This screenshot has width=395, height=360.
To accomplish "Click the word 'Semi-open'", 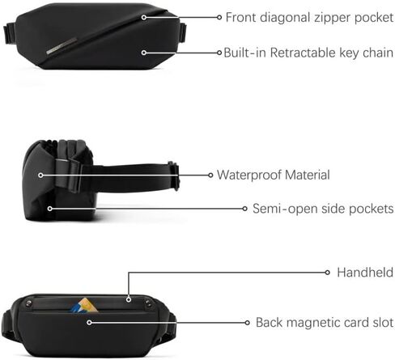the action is (x=278, y=209).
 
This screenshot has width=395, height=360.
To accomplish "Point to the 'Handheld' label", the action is (x=365, y=273).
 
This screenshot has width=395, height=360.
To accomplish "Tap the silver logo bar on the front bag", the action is (x=62, y=46).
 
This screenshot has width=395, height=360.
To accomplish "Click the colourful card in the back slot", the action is (x=84, y=305).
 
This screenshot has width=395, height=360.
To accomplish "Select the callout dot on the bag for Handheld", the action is (x=129, y=299).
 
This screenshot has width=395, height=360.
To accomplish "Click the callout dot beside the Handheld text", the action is (x=327, y=273).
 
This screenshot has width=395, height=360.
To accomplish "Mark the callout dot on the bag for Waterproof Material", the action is (x=40, y=176).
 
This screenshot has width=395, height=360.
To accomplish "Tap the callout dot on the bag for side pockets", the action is (x=49, y=209).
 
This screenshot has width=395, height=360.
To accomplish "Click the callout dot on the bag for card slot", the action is (x=89, y=323).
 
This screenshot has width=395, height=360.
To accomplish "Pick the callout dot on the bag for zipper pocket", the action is (x=144, y=17).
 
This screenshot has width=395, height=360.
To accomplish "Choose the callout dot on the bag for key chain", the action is (x=144, y=53).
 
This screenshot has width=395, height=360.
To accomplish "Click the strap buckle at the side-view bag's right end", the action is (x=174, y=176).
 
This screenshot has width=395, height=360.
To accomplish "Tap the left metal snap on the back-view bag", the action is (x=29, y=303).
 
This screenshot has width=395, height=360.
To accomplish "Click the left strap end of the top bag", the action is (x=10, y=34).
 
